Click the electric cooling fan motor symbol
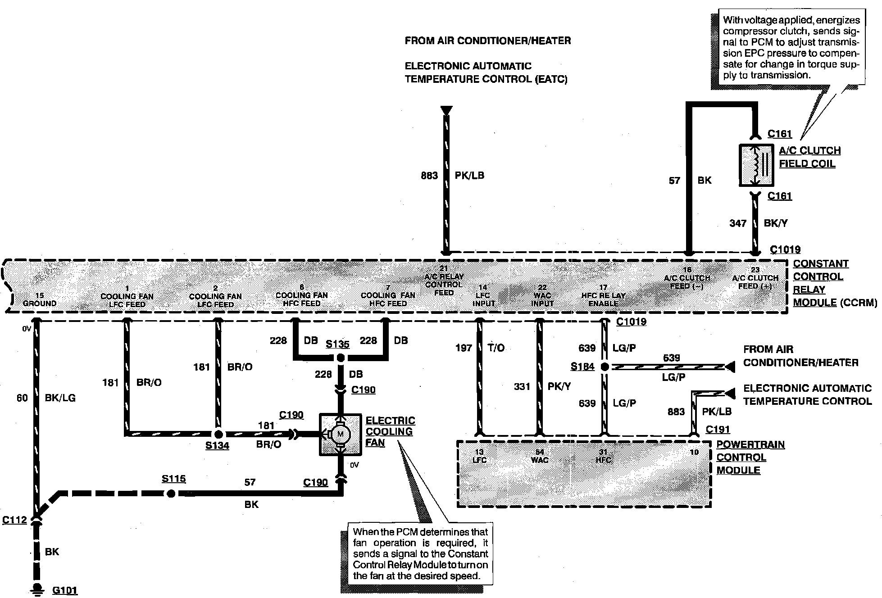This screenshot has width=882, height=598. click(x=340, y=434)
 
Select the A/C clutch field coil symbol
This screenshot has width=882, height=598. click(x=756, y=165)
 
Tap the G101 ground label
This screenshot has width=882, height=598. click(x=65, y=590)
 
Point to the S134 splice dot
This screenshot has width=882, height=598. click(x=218, y=434)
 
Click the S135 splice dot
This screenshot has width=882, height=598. click(x=341, y=358)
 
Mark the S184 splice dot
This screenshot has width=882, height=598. click(x=605, y=367)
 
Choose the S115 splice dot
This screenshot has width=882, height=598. click(x=171, y=494)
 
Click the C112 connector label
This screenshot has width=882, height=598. click(x=14, y=520)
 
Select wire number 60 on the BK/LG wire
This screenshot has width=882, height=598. click(x=22, y=398)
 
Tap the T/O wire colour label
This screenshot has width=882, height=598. click(x=496, y=348)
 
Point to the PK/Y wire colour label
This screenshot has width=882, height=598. click(x=559, y=386)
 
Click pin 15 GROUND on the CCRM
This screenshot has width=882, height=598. click(x=40, y=299)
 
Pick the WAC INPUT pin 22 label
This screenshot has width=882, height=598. click(x=542, y=295)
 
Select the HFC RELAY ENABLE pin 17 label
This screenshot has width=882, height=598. click(x=604, y=295)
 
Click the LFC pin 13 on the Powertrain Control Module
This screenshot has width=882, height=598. click(x=479, y=456)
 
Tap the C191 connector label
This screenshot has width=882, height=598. click(x=718, y=429)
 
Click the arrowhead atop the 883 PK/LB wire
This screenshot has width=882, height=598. click(x=446, y=110)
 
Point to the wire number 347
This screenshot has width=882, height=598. click(x=738, y=223)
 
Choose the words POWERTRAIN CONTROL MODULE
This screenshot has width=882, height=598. click(x=750, y=457)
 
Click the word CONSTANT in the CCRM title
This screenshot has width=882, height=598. click(x=821, y=263)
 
